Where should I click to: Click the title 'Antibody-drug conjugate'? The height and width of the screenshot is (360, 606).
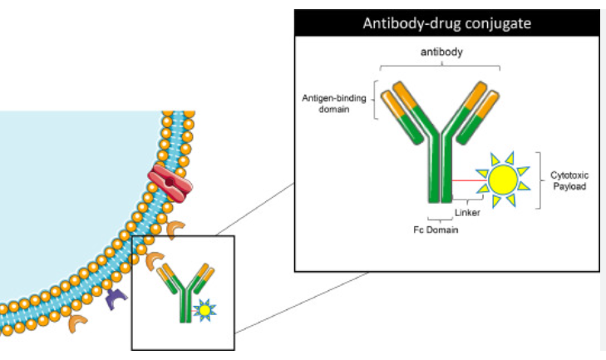[446, 22]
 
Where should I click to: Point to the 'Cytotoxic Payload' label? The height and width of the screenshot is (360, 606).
[569, 180]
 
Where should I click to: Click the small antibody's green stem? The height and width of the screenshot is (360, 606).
[184, 308]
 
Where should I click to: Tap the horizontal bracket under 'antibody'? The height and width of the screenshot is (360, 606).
[440, 65]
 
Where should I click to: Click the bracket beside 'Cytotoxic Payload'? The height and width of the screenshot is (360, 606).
[541, 180]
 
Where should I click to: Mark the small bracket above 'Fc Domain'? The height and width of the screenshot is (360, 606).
[438, 217]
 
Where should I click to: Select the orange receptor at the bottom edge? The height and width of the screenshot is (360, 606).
[77, 323]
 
